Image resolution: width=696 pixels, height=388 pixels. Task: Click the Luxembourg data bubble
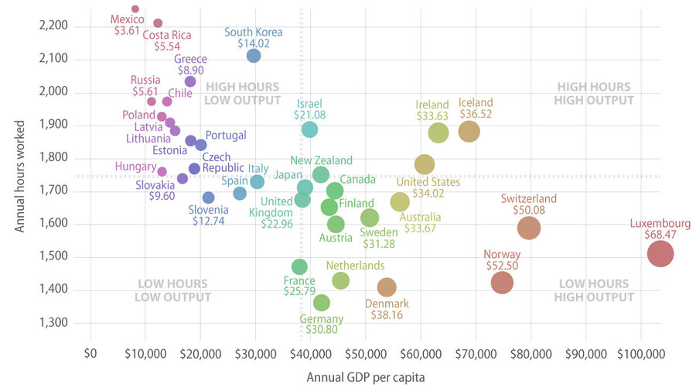click(660, 253)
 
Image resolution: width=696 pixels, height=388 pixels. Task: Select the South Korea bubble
click(254, 55)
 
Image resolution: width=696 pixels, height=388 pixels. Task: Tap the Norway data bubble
click(502, 283)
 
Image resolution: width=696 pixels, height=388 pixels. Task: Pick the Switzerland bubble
click(529, 228)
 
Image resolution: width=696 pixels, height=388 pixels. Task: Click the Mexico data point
click(135, 9)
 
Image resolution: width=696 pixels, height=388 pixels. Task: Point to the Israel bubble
click(309, 129)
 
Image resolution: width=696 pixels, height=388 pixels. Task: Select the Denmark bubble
click(387, 287)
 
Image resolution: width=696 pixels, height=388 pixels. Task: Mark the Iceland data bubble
click(469, 132)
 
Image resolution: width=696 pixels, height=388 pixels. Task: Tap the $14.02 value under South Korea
click(254, 44)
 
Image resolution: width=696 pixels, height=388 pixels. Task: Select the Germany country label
click(321, 318)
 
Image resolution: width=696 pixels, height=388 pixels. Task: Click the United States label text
click(428, 182)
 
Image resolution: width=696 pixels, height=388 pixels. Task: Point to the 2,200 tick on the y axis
click(53, 26)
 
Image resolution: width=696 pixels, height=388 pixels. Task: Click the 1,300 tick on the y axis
click(53, 322)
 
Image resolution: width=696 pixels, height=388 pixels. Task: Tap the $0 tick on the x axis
click(91, 354)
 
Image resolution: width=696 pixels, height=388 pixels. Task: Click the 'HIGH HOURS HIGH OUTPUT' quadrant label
click(594, 94)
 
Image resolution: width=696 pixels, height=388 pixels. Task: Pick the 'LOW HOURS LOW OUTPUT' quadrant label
click(162, 290)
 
